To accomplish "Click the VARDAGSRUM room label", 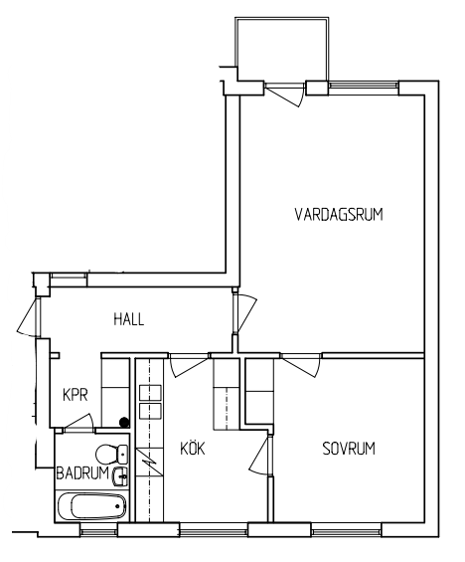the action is pos(339,214).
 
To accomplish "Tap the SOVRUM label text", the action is pos(349,449).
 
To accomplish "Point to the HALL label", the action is pos(129,319).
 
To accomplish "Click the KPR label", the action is pos(76,395).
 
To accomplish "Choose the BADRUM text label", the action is pos(82,473).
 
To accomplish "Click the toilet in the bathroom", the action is pos(111,454).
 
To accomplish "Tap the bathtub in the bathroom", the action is pos(92,506).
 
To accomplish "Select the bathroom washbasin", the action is pos(120,476).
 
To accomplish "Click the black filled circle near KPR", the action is pos(124,422).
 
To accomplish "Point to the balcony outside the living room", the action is pos(281,49).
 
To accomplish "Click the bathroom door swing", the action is pos(78,422).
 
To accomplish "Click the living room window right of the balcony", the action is pos(364,85).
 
